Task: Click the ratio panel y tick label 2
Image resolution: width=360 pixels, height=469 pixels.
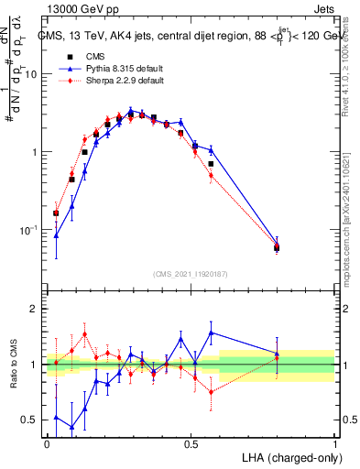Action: pyautogui.click(x=33, y=309)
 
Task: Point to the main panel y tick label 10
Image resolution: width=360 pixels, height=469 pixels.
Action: pyautogui.click(x=28, y=74)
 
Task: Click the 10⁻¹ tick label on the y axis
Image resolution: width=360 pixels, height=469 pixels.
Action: pyautogui.click(x=27, y=229)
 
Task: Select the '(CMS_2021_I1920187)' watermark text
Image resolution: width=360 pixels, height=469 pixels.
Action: pyautogui.click(x=191, y=273)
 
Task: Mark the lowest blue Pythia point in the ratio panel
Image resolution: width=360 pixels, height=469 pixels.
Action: pyautogui.click(x=71, y=428)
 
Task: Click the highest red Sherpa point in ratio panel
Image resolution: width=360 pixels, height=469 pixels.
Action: pyautogui.click(x=85, y=333)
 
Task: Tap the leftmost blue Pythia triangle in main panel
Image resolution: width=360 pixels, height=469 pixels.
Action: pyautogui.click(x=57, y=235)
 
